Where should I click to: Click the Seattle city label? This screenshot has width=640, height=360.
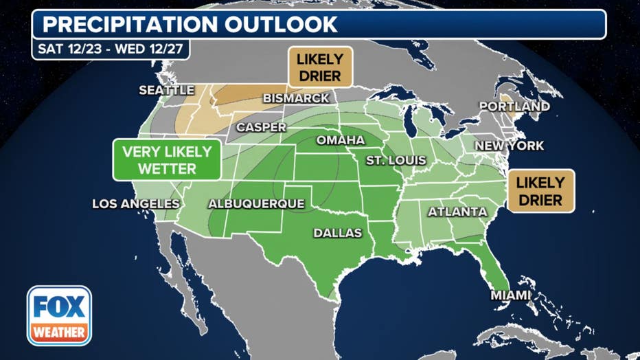point(167,90)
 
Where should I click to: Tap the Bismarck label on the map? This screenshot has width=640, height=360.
point(296,98)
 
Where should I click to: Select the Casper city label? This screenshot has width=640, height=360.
point(261,127)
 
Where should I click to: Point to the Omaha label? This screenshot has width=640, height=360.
point(340,140)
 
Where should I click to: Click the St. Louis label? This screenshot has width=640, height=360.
point(396,160)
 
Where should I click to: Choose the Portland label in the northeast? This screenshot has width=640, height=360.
point(514,106)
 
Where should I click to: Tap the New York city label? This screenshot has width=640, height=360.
point(510,146)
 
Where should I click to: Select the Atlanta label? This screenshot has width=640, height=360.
point(457,212)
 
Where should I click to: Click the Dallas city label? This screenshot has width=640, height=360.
point(337,233)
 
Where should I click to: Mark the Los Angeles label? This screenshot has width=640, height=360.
point(136,204)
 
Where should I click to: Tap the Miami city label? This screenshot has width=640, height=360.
point(510,295)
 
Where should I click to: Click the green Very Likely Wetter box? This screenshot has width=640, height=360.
point(167,160)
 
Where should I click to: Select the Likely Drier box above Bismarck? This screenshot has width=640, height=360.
point(319,67)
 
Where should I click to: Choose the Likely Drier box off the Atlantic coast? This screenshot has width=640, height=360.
point(540,191)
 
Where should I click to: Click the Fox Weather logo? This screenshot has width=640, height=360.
point(59,315)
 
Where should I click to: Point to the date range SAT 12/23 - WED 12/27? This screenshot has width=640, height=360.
point(111,49)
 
